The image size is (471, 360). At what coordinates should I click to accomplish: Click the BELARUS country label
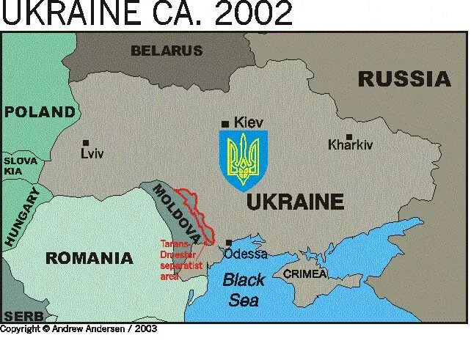point(166,51)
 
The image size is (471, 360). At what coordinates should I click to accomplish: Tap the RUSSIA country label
point(404,78)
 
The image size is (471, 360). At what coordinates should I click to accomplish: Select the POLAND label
point(40,112)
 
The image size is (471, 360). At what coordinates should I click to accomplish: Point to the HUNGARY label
point(21,216)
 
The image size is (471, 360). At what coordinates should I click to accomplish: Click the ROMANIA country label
point(89,258)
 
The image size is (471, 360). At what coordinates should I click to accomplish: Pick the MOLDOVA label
point(175,209)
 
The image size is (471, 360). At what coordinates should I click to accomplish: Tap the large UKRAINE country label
point(295,202)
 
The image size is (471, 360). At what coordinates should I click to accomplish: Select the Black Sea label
point(244,289)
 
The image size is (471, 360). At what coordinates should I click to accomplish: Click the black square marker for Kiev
point(225,122)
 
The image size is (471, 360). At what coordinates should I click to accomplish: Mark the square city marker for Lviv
point(86,143)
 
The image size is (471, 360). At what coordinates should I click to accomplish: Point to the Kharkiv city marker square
point(349,136)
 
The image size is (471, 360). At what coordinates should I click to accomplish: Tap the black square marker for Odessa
point(229,243)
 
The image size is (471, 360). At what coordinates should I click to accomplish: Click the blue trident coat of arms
point(244,158)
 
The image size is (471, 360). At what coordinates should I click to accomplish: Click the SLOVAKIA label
point(20,166)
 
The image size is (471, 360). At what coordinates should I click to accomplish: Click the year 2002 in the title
point(253,13)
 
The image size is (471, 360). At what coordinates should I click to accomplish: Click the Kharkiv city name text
point(351,145)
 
